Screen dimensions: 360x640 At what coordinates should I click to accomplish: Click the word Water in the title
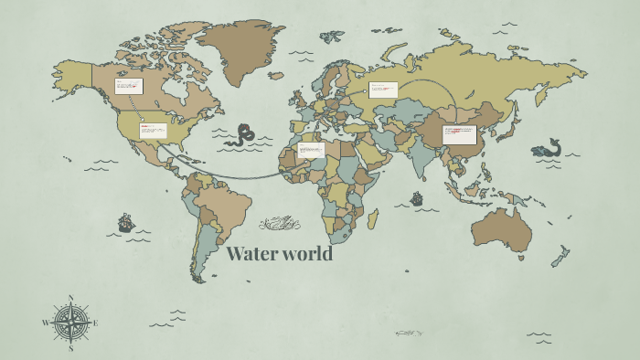tap(251, 254)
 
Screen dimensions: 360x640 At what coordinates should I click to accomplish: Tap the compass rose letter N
tap(70, 298)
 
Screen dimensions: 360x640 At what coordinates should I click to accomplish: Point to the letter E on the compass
tap(95, 323)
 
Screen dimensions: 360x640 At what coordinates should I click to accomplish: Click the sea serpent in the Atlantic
tap(243, 135)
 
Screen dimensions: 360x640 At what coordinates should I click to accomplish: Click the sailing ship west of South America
tap(125, 222)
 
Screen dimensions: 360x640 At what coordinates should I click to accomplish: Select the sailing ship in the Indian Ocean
tap(417, 197)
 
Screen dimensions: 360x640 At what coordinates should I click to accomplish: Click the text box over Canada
tap(128, 86)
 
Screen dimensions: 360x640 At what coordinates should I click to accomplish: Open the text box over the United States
tap(153, 130)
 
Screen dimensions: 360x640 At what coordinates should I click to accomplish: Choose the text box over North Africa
tap(311, 149)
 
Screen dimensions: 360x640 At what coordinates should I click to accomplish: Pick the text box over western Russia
tap(383, 90)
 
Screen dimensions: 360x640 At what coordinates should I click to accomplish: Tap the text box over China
tap(460, 135)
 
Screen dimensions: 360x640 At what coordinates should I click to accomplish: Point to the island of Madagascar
tap(373, 218)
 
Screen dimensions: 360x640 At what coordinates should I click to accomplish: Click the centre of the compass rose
tap(70, 323)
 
